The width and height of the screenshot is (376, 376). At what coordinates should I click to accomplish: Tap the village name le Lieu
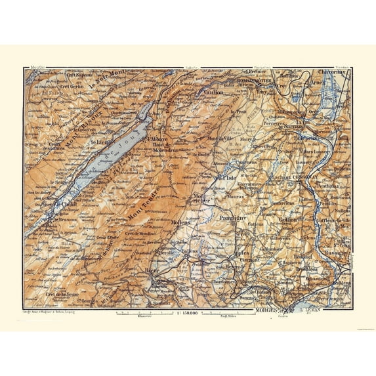tap(101, 140)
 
